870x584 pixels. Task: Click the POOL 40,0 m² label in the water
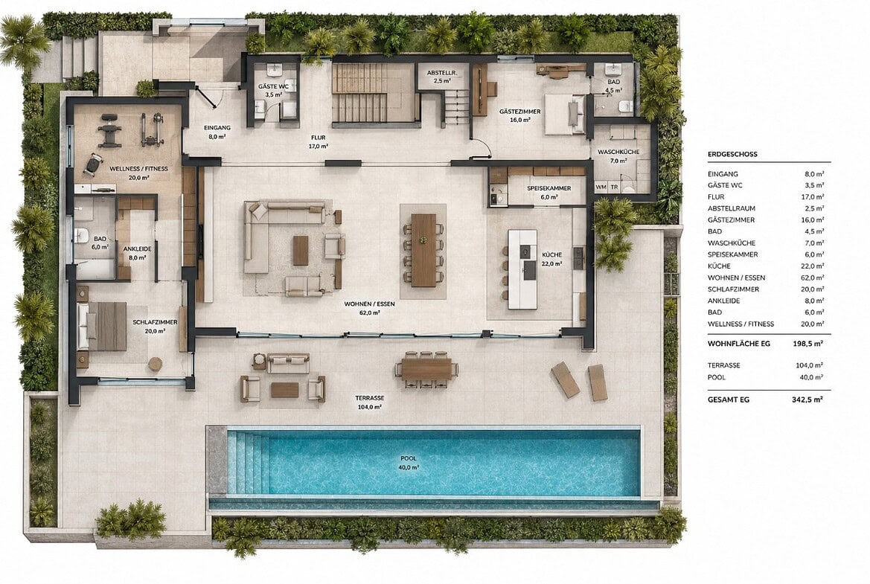tap(409, 463)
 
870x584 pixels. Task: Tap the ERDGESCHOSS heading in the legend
tap(732, 154)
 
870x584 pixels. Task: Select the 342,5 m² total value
tap(808, 400)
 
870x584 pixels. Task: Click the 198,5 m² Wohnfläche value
tap(808, 344)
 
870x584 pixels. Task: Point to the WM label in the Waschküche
tap(601, 187)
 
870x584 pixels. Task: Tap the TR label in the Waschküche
tap(614, 187)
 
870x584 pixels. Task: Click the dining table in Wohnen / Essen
tap(424, 249)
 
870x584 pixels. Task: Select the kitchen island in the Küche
tap(522, 269)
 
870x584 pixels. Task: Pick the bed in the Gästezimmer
tap(564, 115)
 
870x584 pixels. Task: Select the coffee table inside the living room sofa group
tap(301, 251)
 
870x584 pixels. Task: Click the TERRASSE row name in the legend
tap(723, 365)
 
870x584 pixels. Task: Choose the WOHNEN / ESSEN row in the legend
tap(736, 277)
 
